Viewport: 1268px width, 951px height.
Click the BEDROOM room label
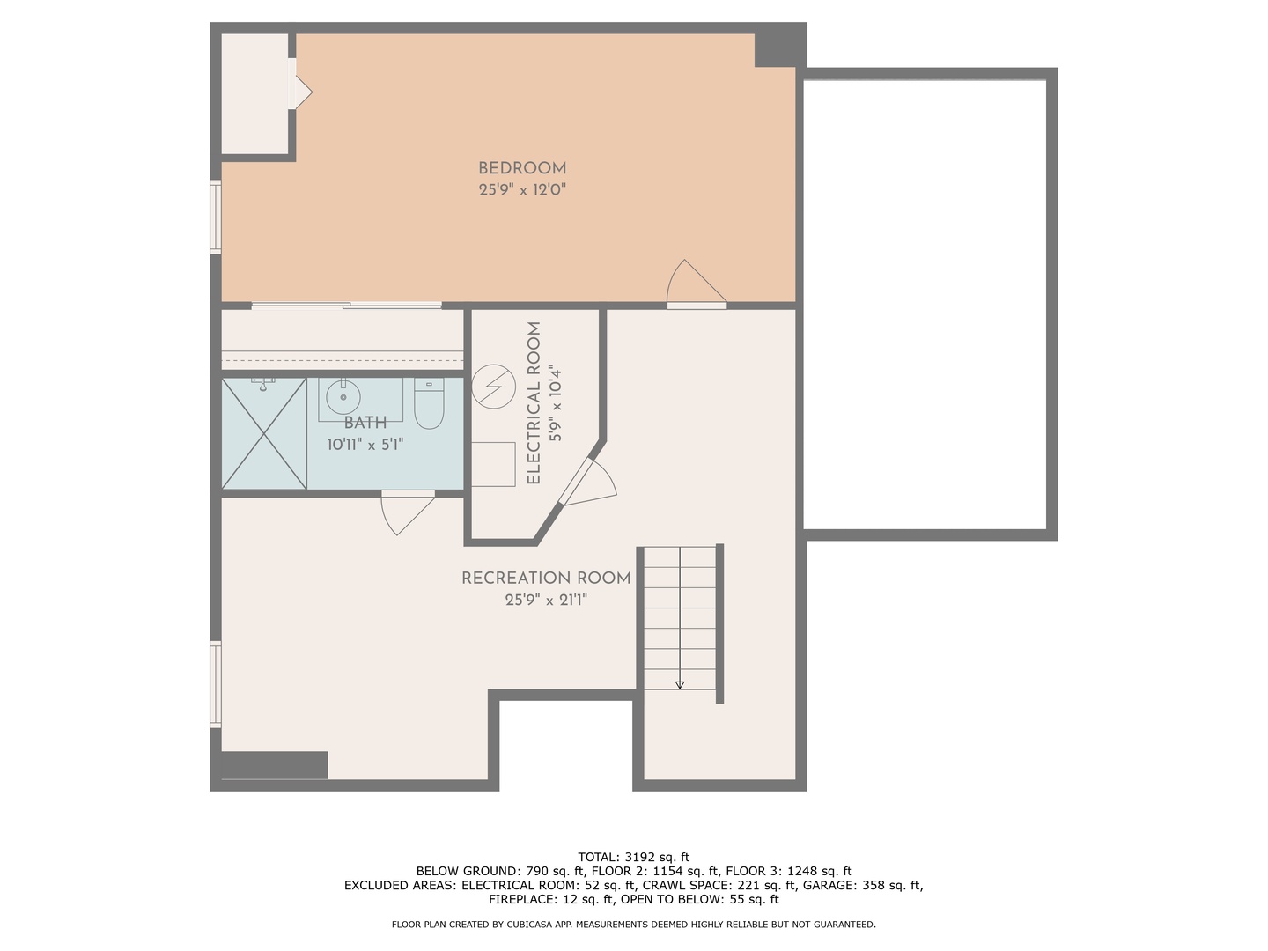pos(521,168)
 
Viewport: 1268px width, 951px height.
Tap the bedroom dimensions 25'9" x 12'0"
pos(521,190)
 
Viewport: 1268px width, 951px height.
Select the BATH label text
pos(365,424)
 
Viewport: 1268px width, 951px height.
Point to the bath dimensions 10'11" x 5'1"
pos(365,445)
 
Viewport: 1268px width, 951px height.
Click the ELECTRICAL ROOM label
pos(534,403)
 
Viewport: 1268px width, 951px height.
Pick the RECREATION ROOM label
pos(546,578)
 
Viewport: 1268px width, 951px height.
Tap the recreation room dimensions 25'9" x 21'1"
pos(546,600)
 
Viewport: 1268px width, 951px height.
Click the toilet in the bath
pos(429,403)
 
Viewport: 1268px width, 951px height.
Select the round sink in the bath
pos(343,396)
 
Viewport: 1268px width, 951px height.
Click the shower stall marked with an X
pos(264,433)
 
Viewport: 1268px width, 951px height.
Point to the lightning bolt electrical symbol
pos(493,387)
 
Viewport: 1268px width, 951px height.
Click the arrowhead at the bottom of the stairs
pos(680,685)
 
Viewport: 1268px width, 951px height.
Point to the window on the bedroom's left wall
pos(216,217)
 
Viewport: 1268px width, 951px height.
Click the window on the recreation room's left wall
pos(216,684)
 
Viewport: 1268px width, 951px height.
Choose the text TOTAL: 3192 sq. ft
pos(634,857)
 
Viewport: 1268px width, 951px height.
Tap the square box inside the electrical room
pos(493,464)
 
